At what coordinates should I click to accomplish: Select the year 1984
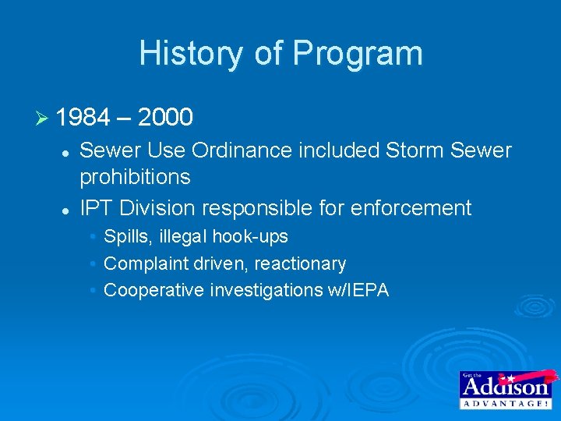[x=83, y=118]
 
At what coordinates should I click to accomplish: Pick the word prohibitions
[x=135, y=177]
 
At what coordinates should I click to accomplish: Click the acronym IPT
[x=97, y=208]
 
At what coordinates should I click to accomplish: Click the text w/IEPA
[x=356, y=291]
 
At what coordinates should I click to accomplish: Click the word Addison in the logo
[x=505, y=387]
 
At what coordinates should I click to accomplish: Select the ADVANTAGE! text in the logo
[x=505, y=402]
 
